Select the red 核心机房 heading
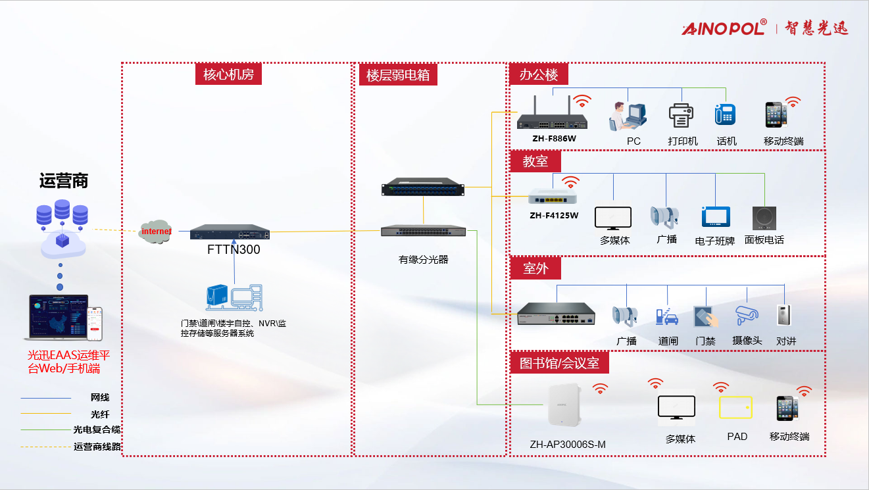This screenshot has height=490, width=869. [228, 74]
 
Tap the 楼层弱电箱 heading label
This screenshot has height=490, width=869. [398, 75]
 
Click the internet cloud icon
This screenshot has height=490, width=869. [156, 232]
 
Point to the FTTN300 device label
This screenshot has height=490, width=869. [234, 250]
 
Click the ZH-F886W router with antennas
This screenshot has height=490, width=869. [551, 118]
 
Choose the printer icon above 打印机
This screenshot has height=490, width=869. [682, 116]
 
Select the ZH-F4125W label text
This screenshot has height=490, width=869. [554, 216]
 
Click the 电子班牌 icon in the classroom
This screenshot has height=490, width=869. [716, 217]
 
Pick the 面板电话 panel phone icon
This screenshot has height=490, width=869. [764, 218]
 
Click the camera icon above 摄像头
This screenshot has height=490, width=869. [747, 315]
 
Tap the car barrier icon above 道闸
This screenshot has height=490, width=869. [668, 317]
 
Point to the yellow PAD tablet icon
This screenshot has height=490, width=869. [735, 407]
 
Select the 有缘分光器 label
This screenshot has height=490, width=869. [423, 260]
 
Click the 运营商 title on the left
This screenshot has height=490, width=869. [64, 181]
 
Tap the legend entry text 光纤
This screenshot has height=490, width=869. [100, 414]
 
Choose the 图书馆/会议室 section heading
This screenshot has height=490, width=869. [560, 362]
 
